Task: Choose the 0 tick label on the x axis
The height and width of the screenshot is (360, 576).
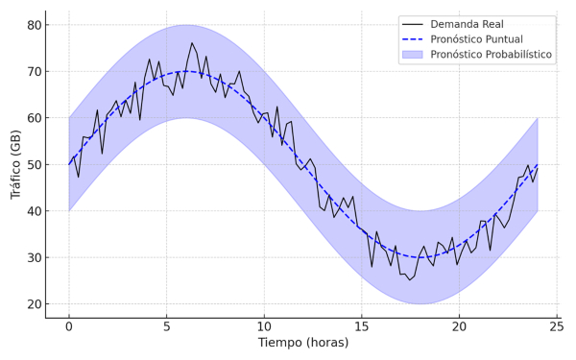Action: (68, 326)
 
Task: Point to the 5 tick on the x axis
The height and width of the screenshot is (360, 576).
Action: (166, 326)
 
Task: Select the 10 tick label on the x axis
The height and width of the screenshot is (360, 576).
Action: (264, 326)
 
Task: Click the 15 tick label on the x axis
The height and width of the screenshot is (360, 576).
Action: (361, 326)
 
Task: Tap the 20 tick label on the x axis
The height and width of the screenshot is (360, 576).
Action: (459, 326)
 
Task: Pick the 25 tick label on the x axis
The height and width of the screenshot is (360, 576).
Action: (557, 326)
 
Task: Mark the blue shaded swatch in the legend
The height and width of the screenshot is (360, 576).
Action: (422, 55)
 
